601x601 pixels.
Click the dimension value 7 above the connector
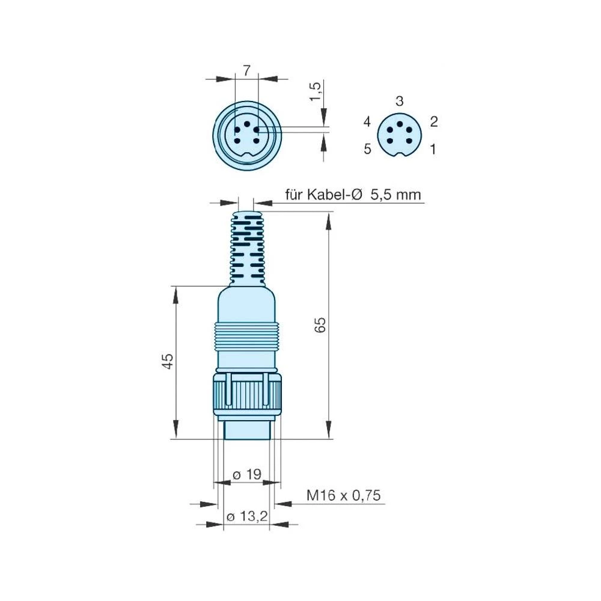point(246,70)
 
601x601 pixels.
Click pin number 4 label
point(367,122)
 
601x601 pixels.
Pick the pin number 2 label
point(434,122)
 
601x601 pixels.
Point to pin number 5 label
point(367,149)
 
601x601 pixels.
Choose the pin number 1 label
point(433,149)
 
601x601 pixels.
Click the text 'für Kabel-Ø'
point(324,195)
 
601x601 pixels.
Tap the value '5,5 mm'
point(396,195)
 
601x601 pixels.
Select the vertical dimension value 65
point(320,325)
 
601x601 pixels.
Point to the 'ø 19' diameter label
point(246,474)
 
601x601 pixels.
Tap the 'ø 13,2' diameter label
point(246,516)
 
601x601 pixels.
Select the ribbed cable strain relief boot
point(246,246)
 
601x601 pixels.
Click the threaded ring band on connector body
point(246,335)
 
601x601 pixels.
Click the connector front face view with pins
point(248,135)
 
